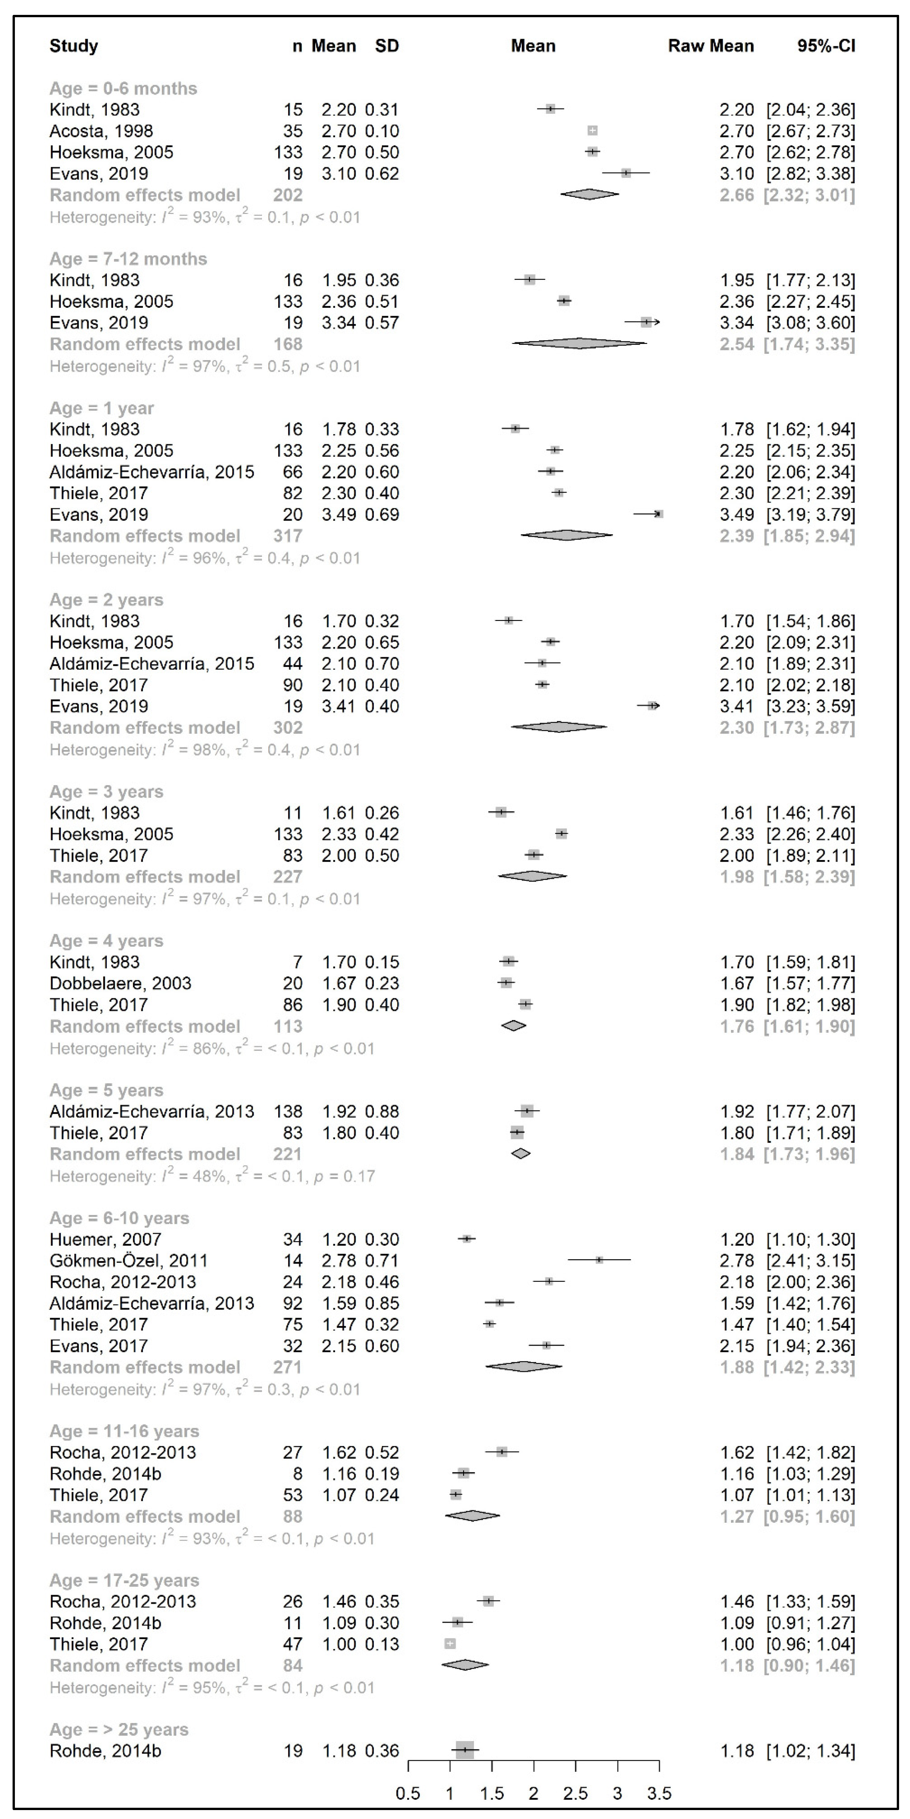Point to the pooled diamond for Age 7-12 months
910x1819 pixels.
579,344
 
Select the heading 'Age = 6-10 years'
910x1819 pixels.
119,1218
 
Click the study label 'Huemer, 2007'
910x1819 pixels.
105,1239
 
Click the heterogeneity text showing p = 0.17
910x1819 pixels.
212,1176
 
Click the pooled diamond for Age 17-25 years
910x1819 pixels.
465,1665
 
